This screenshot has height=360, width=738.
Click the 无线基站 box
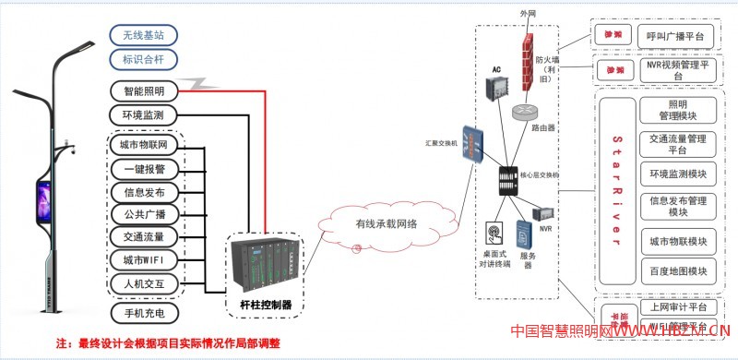pos(143,36)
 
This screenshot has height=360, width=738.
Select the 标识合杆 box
pos(143,61)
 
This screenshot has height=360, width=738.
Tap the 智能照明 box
pos(143,90)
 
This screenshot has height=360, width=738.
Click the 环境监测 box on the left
pos(143,115)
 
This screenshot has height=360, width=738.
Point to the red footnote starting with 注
pos(167,343)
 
